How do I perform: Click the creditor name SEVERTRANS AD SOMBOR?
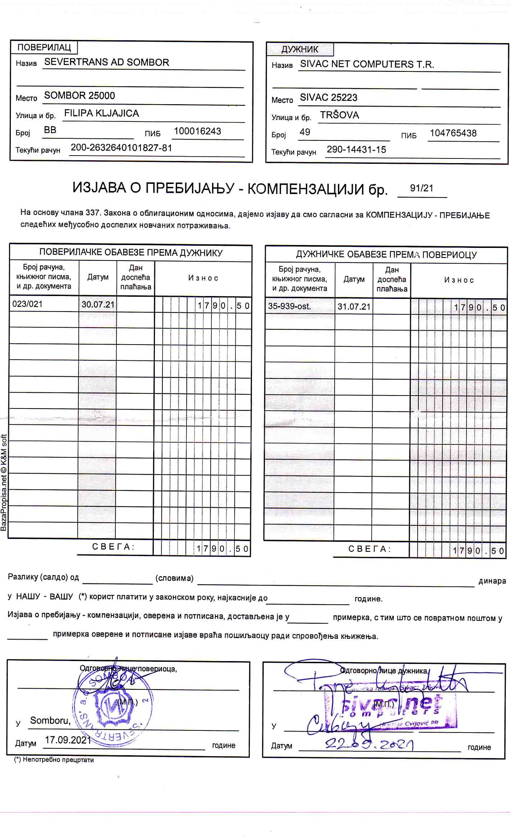(x=106, y=62)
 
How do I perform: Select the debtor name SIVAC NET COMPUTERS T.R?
(x=367, y=64)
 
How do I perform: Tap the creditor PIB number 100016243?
(x=197, y=131)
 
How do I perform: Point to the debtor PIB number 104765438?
(x=453, y=133)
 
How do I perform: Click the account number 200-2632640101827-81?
(x=121, y=148)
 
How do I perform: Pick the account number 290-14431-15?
(x=356, y=149)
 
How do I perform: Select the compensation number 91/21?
(x=422, y=188)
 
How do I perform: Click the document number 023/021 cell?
(x=27, y=304)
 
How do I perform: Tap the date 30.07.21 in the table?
(x=98, y=305)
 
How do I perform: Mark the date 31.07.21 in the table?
(x=354, y=307)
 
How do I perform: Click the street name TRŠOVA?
(x=339, y=115)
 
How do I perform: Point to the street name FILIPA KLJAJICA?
(x=101, y=113)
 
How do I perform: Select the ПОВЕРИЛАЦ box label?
(x=44, y=47)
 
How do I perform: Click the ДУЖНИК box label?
(x=300, y=49)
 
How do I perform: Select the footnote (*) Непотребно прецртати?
(x=54, y=760)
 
